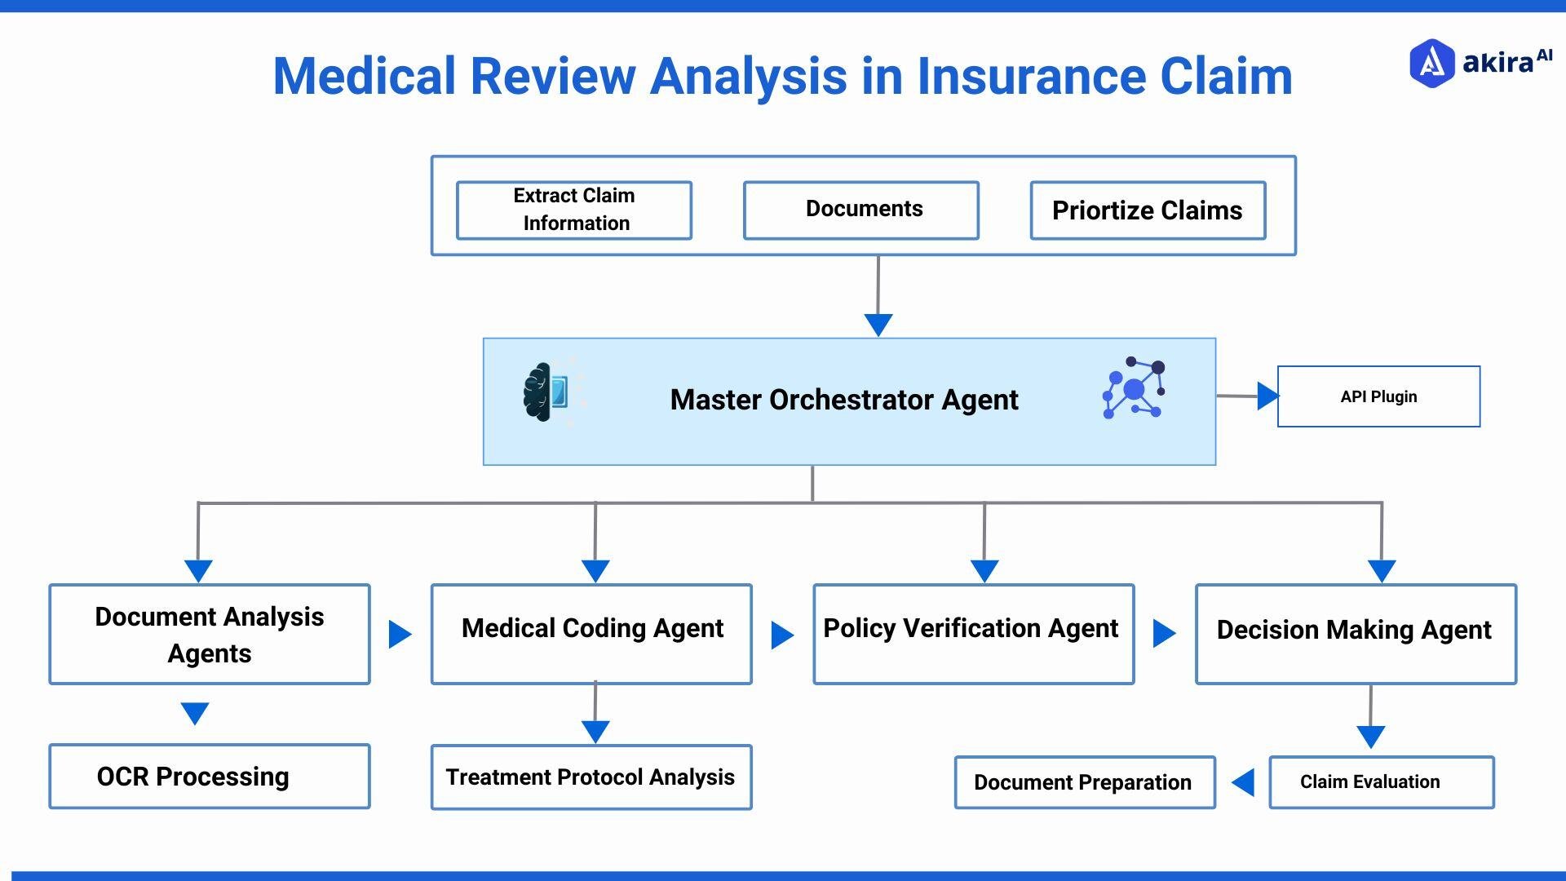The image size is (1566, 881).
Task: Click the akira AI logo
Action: point(1479,63)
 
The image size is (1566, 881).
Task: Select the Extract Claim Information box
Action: point(574,210)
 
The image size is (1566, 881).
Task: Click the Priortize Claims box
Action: point(1148,210)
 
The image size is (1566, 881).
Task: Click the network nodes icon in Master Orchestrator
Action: point(1134,388)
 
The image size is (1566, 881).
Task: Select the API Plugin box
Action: point(1378,396)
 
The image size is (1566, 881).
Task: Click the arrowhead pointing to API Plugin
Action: point(1267,396)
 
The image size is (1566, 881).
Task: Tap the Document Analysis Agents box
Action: point(210,635)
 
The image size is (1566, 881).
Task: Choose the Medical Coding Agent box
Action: point(591,635)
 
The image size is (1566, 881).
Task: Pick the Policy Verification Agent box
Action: point(973,635)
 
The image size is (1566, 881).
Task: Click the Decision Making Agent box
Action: point(1356,635)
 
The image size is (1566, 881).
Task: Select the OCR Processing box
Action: point(210,777)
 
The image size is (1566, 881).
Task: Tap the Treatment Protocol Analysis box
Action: point(591,777)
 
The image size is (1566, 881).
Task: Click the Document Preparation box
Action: point(1085,782)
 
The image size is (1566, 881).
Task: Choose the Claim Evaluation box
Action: point(1381,782)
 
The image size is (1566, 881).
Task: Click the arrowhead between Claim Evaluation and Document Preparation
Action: point(1244,782)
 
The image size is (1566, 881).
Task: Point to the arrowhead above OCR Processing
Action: point(195,712)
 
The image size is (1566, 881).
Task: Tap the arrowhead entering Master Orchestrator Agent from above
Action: point(878,324)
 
